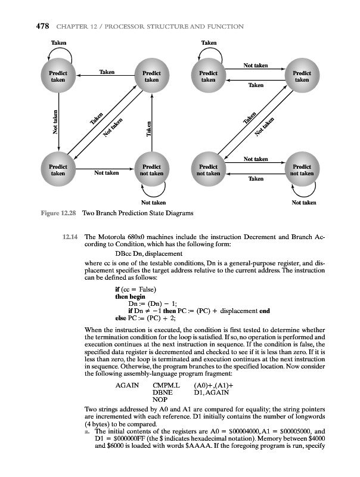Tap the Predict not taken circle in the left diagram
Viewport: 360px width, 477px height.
(152, 169)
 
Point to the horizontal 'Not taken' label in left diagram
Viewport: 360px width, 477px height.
(106, 173)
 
